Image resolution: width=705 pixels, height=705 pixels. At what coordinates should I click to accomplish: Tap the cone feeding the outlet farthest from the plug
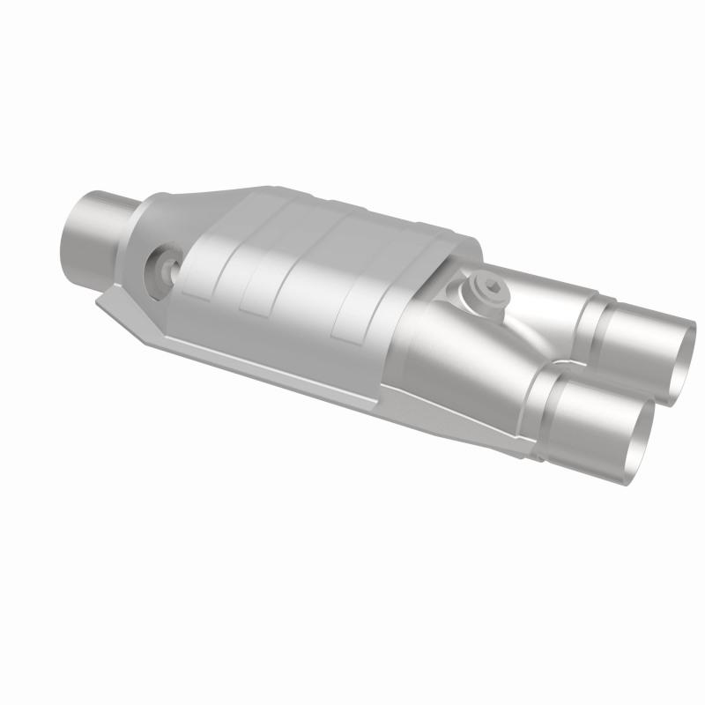tap(476, 379)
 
